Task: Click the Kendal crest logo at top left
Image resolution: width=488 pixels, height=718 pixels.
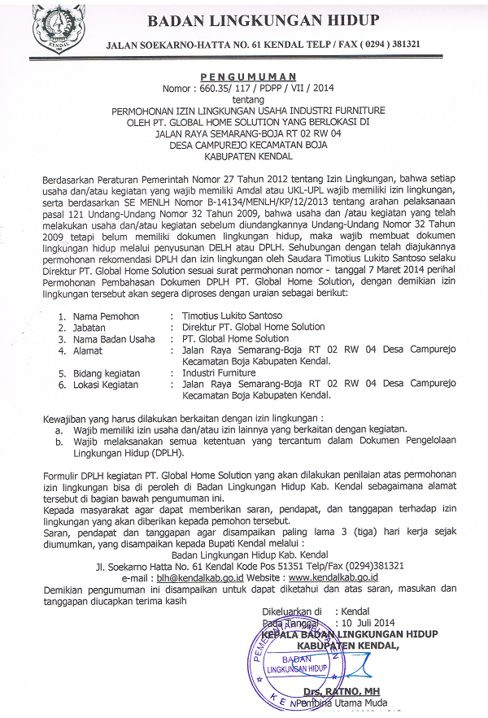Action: pyautogui.click(x=58, y=29)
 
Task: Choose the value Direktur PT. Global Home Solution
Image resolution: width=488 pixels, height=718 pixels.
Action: pyautogui.click(x=254, y=327)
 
